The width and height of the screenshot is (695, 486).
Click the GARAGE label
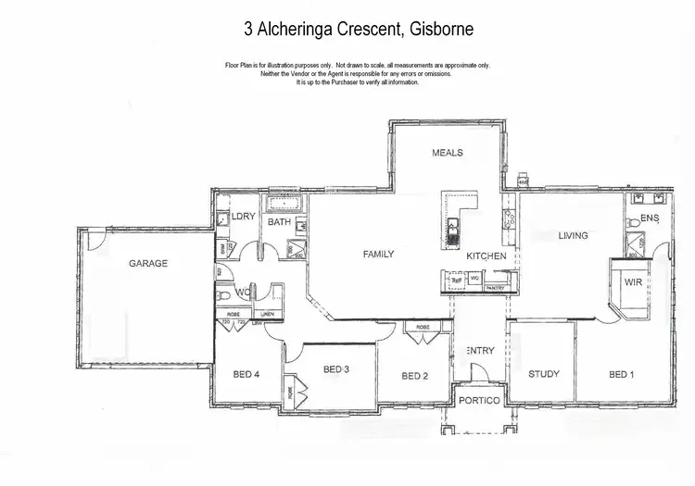click(x=148, y=263)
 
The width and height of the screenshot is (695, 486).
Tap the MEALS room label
click(x=447, y=153)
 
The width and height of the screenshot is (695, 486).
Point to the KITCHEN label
click(x=486, y=255)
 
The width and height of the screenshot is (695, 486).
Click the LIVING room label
click(x=573, y=235)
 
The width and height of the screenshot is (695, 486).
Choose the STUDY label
click(x=543, y=374)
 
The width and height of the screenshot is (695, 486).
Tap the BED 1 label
click(x=622, y=374)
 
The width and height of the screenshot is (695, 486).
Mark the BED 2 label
click(x=414, y=375)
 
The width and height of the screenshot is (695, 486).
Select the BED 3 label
click(x=335, y=368)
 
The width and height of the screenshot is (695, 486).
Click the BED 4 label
click(x=246, y=374)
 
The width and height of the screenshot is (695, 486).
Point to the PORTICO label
click(x=479, y=400)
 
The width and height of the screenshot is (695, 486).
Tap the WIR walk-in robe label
click(x=634, y=280)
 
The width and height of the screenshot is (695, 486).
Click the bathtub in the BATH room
click(x=281, y=204)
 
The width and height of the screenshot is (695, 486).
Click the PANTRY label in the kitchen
click(x=495, y=287)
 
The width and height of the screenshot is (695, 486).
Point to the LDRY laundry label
click(x=244, y=216)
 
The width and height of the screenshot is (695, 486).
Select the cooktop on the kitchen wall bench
click(x=508, y=220)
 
